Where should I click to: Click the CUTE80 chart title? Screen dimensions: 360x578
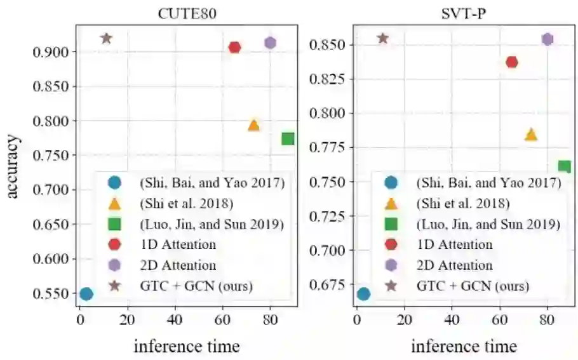tap(187, 14)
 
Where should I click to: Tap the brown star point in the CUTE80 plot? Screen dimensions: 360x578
tap(106, 38)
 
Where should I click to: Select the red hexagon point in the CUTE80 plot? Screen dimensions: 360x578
tap(234, 47)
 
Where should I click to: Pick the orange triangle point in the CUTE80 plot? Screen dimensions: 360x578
tap(253, 125)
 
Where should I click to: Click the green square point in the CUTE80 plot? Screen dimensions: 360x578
tap(288, 138)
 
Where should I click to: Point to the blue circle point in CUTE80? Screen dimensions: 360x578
tap(86, 293)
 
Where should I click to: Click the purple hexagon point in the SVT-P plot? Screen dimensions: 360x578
tap(547, 39)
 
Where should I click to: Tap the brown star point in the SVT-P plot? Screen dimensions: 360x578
tap(382, 38)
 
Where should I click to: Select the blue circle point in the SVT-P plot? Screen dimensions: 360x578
tap(363, 293)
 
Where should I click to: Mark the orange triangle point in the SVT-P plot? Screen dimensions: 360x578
tap(530, 134)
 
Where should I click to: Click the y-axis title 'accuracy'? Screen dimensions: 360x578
tap(13, 166)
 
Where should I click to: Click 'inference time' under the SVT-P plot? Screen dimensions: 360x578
tap(464, 346)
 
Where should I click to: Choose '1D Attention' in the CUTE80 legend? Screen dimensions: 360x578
tap(177, 244)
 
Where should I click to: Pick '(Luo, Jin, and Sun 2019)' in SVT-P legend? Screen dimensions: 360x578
tap(488, 224)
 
